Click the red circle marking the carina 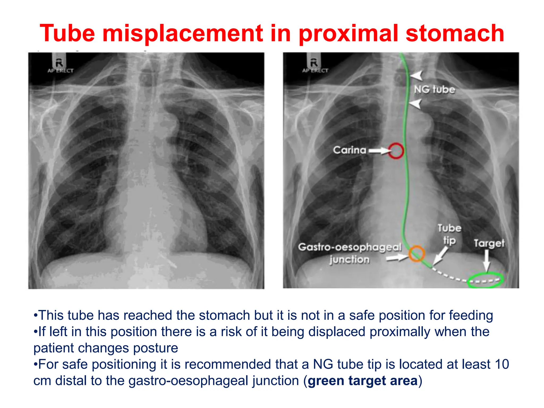point(396,151)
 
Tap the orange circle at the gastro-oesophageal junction point(416,253)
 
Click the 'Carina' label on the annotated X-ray point(350,150)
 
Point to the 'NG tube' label point(435,90)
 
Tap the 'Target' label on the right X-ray point(489,243)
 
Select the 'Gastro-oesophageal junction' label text point(350,253)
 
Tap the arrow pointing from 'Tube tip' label point(440,256)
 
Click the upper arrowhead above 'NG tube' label point(416,75)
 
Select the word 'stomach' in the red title point(455,33)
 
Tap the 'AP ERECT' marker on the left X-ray point(60,71)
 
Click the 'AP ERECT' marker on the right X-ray point(315,70)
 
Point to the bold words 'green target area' point(363,380)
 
